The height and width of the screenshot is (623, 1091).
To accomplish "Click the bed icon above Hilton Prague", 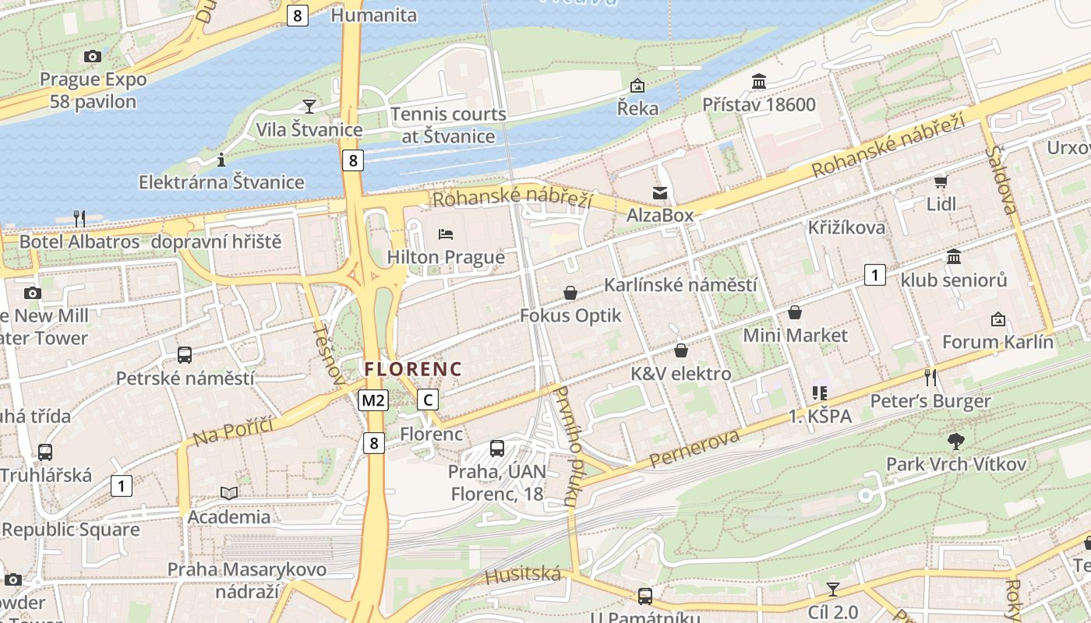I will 446,234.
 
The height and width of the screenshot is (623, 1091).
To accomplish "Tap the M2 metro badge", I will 373,400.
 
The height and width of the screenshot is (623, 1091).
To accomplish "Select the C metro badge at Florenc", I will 428,400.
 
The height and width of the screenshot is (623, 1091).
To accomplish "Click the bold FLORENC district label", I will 413,369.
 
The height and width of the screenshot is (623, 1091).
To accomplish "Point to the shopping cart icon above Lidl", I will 941,181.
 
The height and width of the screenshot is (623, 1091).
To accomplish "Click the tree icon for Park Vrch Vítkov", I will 955,442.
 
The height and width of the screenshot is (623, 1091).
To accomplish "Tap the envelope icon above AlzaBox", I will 660,192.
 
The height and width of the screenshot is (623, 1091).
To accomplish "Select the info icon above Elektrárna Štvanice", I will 221,160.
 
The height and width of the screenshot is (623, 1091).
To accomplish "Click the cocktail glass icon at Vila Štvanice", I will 309,107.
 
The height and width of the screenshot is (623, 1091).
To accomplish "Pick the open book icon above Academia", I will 229,493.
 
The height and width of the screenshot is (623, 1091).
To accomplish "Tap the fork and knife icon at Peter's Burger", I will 930,378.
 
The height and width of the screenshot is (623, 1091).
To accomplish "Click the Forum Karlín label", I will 997,342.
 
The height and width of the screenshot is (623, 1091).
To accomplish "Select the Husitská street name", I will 522,575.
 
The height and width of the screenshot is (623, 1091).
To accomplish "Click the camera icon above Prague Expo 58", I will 93,56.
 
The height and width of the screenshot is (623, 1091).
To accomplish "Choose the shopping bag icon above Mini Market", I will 795,312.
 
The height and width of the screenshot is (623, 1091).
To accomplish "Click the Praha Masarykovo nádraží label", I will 246,580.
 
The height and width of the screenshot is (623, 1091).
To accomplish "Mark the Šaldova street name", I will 1002,178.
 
